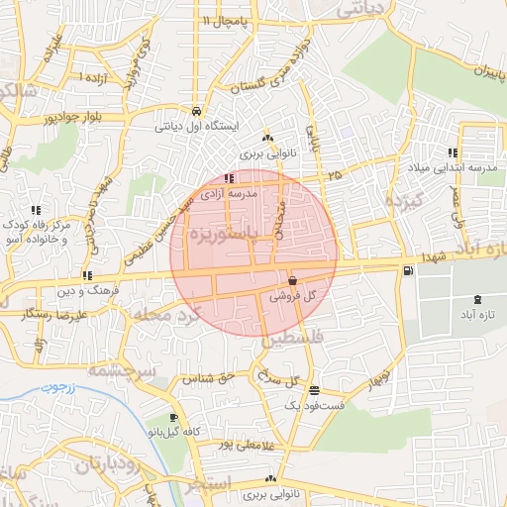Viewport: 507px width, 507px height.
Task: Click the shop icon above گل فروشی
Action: pyautogui.click(x=292, y=280)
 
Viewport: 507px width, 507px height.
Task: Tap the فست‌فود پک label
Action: pyautogui.click(x=314, y=405)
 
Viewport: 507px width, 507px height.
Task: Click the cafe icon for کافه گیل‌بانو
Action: pyautogui.click(x=174, y=418)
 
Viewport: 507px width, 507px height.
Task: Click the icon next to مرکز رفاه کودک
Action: pyautogui.click(x=36, y=209)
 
